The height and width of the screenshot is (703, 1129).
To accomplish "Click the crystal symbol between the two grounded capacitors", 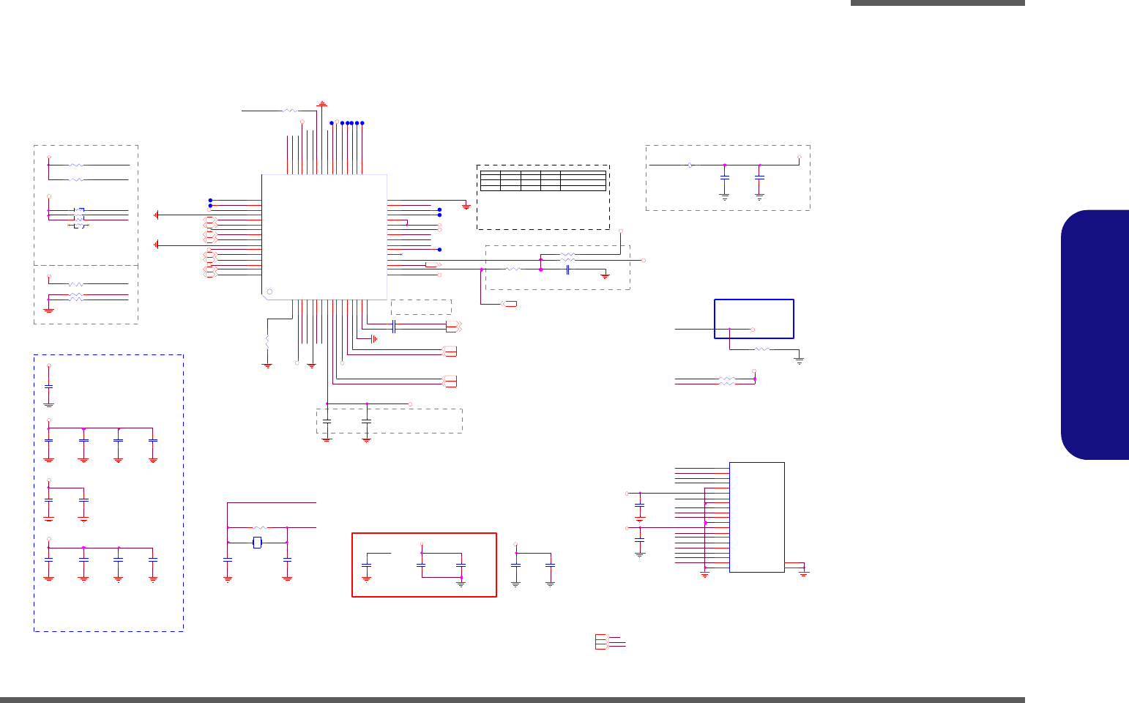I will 257,543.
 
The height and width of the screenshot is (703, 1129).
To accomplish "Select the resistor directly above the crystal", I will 258,527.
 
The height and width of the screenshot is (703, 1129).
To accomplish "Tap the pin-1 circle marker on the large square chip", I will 269,292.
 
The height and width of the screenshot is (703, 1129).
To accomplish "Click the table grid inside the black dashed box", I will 543,180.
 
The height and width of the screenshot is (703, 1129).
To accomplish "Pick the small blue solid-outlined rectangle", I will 754,319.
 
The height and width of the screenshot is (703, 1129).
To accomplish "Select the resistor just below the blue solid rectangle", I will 762,349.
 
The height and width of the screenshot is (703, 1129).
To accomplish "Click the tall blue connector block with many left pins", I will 757,517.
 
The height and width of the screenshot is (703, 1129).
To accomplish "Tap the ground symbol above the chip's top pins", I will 321,105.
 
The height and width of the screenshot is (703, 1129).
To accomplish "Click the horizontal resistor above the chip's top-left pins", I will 290,111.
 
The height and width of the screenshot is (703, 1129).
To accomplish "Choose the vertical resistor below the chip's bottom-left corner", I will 267,341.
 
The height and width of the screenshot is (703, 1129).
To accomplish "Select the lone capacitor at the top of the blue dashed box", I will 49,387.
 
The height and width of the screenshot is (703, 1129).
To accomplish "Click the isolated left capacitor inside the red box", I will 367,565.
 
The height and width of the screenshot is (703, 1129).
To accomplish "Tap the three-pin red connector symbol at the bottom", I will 602,641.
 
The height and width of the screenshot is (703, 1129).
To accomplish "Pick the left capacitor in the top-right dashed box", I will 725,178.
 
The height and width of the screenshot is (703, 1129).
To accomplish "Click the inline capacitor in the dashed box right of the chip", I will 567,269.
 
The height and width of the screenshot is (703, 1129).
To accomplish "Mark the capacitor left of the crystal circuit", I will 228,560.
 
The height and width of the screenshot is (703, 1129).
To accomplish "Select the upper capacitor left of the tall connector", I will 640,505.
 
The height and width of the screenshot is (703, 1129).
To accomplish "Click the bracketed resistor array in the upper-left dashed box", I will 78,218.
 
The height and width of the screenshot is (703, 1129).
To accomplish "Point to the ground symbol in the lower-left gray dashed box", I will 49,310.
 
